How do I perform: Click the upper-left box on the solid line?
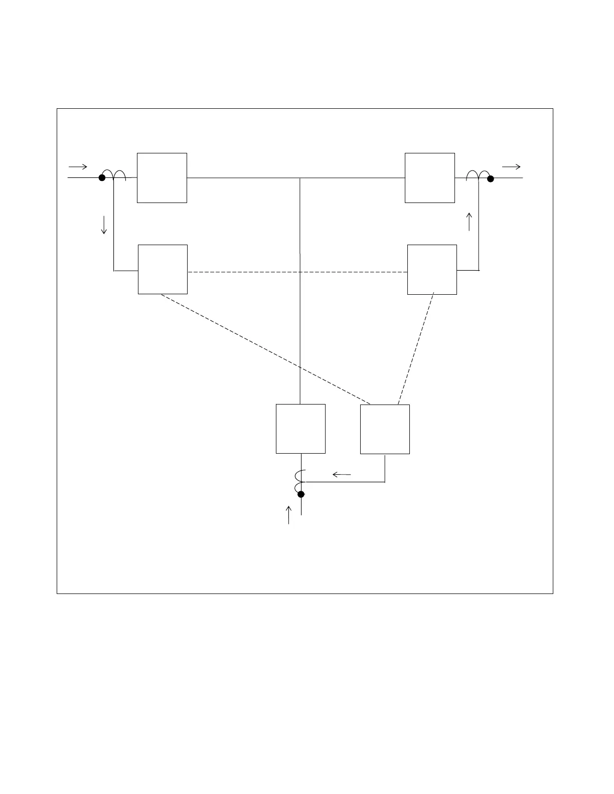[x=162, y=178]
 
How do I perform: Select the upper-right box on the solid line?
[x=430, y=178]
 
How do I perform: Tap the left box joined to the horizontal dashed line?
[x=163, y=269]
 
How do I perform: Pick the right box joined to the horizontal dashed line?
[x=432, y=270]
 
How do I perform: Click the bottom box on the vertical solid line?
[x=300, y=429]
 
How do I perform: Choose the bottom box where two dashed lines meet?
[x=385, y=429]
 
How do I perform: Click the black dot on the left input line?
[x=102, y=177]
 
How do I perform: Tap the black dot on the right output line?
[x=491, y=178]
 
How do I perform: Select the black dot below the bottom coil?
[x=301, y=494]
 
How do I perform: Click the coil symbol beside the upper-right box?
[x=478, y=175]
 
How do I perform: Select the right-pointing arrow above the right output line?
[x=511, y=167]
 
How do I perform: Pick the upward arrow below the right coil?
[x=470, y=222]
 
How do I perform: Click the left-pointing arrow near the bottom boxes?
[x=342, y=474]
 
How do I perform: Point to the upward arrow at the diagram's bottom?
[x=288, y=515]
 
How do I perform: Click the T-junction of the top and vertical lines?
[x=300, y=178]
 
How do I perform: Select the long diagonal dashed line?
[x=266, y=349]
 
